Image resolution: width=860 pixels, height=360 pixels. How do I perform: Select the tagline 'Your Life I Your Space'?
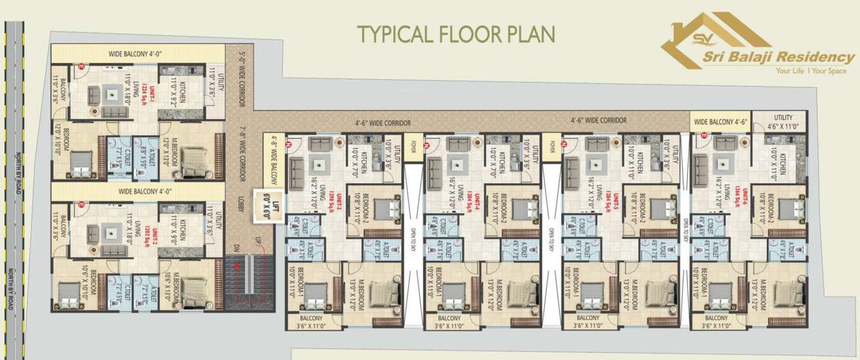point(810,71)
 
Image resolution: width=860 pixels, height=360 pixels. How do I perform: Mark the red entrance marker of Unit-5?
point(565,144)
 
